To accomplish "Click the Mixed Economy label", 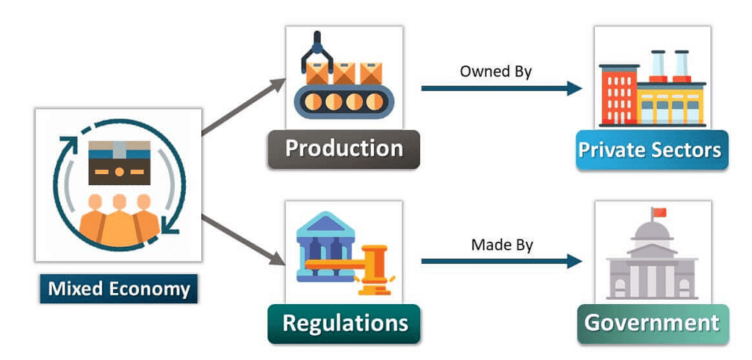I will [x=118, y=288].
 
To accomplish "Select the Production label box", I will [x=344, y=148].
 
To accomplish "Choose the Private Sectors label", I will [x=650, y=150].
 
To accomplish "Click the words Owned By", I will [x=496, y=71].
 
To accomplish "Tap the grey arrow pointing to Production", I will [x=242, y=107].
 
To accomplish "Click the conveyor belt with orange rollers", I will [x=344, y=101].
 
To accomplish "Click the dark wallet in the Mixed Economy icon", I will [x=118, y=163].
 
